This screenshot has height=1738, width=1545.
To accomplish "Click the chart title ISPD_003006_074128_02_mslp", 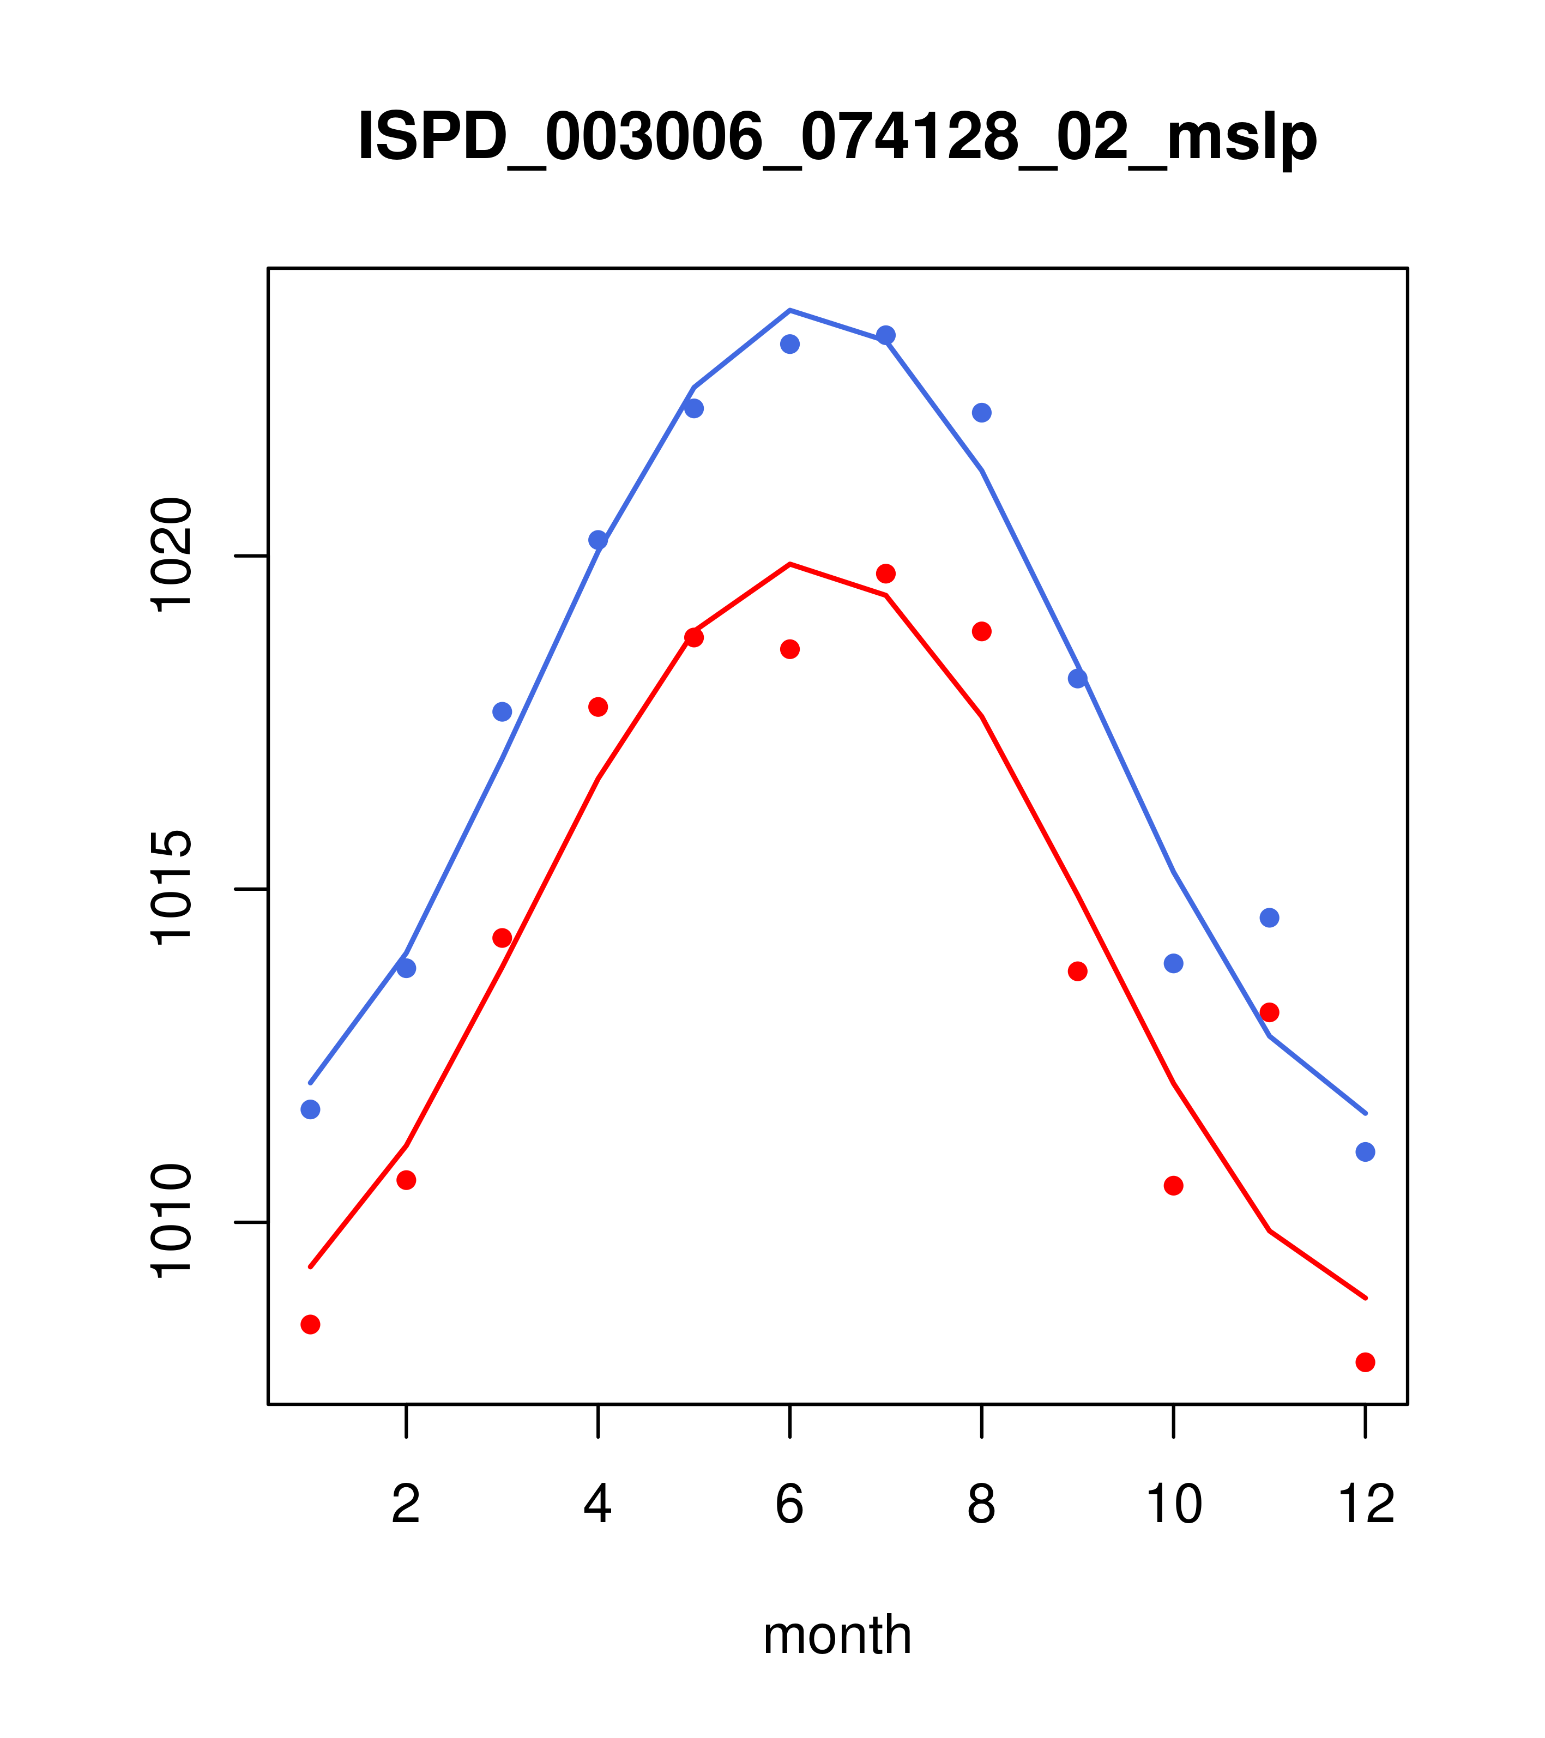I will pyautogui.click(x=837, y=138).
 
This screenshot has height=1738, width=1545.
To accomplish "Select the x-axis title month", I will pyautogui.click(x=837, y=1634).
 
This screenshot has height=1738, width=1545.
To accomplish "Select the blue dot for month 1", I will pyautogui.click(x=310, y=1109).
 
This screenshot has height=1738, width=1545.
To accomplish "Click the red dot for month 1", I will pyautogui.click(x=310, y=1324).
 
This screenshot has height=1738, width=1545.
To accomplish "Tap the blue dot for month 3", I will pyautogui.click(x=503, y=711).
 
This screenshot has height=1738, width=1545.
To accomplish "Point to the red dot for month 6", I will pyautogui.click(x=790, y=649).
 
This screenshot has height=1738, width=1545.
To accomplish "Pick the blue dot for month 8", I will pyautogui.click(x=981, y=412).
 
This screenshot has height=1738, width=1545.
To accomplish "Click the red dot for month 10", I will pyautogui.click(x=1173, y=1185).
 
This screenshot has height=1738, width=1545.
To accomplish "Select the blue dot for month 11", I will pyautogui.click(x=1270, y=918).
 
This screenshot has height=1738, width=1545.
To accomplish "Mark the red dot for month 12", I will pyautogui.click(x=1366, y=1362).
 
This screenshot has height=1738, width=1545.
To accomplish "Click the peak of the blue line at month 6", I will pyautogui.click(x=790, y=310).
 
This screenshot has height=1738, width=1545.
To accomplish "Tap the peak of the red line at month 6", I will pyautogui.click(x=790, y=564).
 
